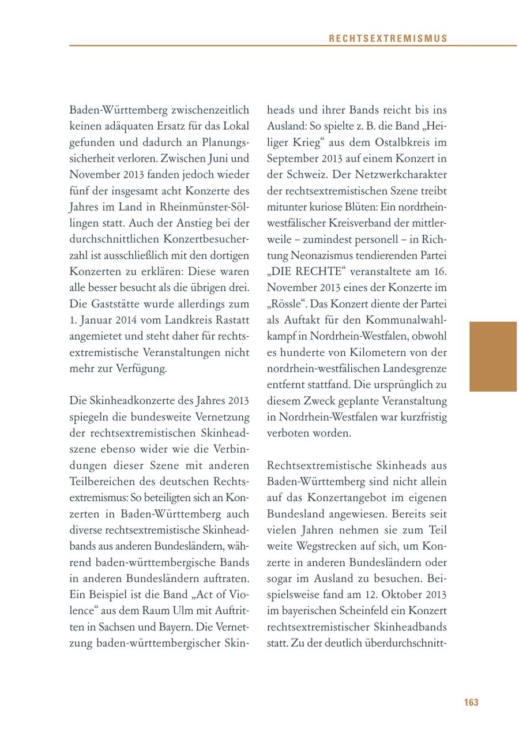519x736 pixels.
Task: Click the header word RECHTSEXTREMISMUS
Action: coord(388,39)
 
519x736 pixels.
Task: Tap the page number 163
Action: coord(471,703)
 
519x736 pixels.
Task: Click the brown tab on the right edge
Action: coord(493,356)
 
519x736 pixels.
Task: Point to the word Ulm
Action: coord(185,610)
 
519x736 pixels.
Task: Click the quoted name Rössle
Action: coord(284,303)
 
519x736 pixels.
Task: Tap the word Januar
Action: coord(98,320)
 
